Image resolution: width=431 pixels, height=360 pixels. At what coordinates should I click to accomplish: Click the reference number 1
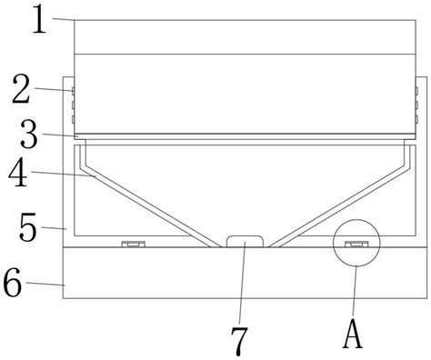point(39,19)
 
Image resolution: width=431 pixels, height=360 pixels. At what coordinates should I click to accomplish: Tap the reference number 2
point(21,89)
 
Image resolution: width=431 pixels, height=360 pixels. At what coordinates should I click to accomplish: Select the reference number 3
point(29,135)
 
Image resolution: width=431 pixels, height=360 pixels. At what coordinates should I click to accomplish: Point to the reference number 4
point(18,173)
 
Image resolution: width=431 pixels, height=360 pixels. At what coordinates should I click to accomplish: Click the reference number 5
point(28,227)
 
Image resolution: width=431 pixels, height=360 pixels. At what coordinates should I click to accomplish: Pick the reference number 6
point(13,284)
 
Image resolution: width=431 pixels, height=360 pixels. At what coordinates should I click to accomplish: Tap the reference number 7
point(239,342)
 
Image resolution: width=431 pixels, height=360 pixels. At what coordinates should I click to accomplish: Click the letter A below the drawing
point(353,334)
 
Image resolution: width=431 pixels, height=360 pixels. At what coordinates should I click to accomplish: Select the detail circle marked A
point(356,219)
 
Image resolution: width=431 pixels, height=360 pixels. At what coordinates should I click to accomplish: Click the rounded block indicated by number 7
point(245,241)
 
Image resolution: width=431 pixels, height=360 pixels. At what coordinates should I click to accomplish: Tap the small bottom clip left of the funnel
point(134,244)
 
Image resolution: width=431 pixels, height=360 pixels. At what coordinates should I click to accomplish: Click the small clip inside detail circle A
point(356,244)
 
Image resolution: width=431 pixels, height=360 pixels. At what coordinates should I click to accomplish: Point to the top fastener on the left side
point(73,91)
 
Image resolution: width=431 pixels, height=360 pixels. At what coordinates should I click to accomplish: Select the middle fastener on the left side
point(73,105)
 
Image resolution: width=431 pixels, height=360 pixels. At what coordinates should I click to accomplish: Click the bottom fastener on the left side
point(73,119)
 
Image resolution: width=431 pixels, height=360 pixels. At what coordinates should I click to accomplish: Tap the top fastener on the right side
point(416,91)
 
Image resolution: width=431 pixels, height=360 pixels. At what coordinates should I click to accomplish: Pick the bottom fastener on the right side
point(416,119)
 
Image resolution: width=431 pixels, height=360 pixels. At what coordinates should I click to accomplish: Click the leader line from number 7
point(242,283)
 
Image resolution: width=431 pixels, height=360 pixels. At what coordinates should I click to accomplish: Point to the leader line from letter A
point(355,292)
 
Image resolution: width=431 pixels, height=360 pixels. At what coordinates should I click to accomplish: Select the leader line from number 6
point(45,284)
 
